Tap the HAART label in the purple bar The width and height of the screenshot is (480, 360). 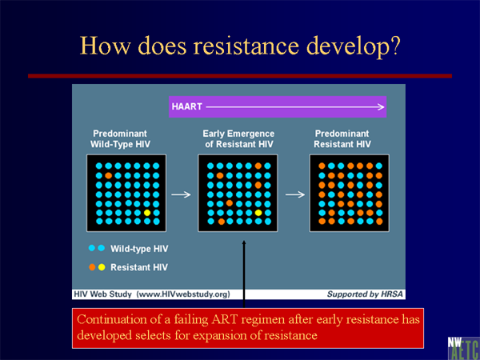(x=187, y=107)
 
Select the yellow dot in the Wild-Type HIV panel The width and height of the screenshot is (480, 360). (x=147, y=213)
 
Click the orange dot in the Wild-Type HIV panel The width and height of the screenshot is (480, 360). (x=108, y=175)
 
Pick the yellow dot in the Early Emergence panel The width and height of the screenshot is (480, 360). (x=258, y=213)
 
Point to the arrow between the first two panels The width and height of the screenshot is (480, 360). (x=181, y=194)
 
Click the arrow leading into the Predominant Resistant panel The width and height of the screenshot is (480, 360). (x=295, y=194)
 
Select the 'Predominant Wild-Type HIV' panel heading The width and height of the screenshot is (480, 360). (x=120, y=139)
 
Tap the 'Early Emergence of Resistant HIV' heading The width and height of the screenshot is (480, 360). (x=238, y=139)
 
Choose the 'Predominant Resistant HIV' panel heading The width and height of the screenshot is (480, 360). (x=342, y=139)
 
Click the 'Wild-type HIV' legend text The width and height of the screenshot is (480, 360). (x=139, y=249)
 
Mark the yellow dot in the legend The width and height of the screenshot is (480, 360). (x=102, y=267)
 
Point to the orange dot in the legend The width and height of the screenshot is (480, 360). (x=92, y=267)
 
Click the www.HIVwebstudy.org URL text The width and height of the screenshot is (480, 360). (x=183, y=294)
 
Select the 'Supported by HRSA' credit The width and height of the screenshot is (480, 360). (x=365, y=294)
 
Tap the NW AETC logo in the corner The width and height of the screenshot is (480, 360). (x=463, y=348)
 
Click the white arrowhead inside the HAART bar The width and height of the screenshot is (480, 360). (x=381, y=107)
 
